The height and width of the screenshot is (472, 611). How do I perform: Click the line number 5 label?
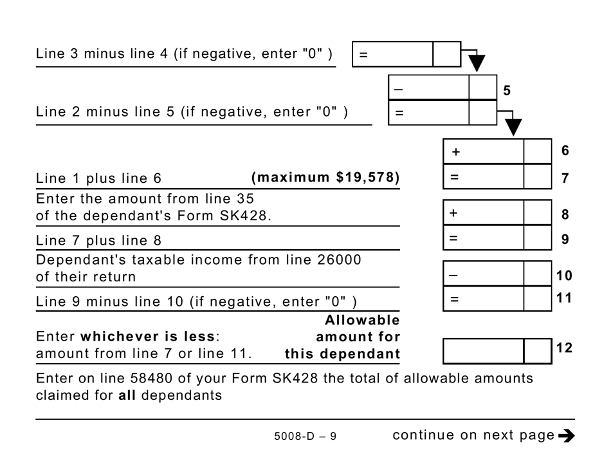click(x=507, y=91)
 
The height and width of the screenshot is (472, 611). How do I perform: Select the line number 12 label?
click(x=564, y=348)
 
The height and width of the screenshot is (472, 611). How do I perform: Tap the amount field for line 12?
click(x=483, y=351)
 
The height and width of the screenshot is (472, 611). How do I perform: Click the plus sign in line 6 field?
click(x=456, y=153)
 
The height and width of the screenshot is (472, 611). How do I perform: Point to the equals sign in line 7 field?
click(x=455, y=177)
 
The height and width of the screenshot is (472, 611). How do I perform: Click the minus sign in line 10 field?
click(x=453, y=276)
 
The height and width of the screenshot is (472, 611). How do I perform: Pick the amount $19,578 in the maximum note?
click(x=367, y=177)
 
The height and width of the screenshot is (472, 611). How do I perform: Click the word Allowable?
click(x=362, y=320)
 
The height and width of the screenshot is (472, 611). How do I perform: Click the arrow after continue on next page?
click(x=566, y=436)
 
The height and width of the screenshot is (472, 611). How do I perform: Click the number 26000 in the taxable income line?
click(x=340, y=260)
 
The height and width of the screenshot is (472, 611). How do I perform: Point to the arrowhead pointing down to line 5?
click(x=477, y=63)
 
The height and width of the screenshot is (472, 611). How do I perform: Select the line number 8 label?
click(x=565, y=214)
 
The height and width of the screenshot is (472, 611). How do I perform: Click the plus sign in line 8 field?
click(x=453, y=213)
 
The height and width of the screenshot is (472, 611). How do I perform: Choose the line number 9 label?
click(x=565, y=240)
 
